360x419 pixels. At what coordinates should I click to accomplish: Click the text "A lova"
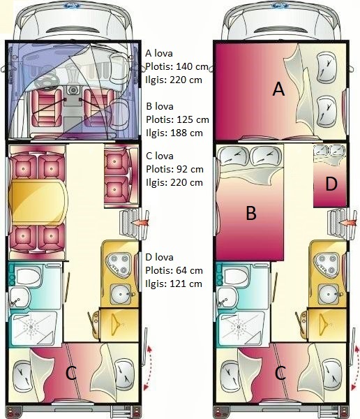[159, 54]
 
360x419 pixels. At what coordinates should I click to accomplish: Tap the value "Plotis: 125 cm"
[177, 119]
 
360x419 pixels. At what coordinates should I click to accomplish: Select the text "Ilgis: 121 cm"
[174, 284]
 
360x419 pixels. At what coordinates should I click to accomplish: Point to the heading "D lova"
[159, 257]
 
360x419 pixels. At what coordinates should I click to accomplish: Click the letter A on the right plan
[278, 89]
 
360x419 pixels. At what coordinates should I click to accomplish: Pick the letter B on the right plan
[251, 213]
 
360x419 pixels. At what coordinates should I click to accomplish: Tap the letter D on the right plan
[331, 184]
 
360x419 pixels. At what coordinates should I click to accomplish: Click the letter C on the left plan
[71, 373]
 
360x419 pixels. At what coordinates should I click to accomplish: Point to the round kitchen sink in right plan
[329, 294]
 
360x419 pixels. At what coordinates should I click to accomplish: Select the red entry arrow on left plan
[140, 222]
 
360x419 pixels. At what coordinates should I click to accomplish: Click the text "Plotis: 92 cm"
[174, 169]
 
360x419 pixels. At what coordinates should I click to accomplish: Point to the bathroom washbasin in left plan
[20, 297]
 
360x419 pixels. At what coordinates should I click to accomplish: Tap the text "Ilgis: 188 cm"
[174, 133]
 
